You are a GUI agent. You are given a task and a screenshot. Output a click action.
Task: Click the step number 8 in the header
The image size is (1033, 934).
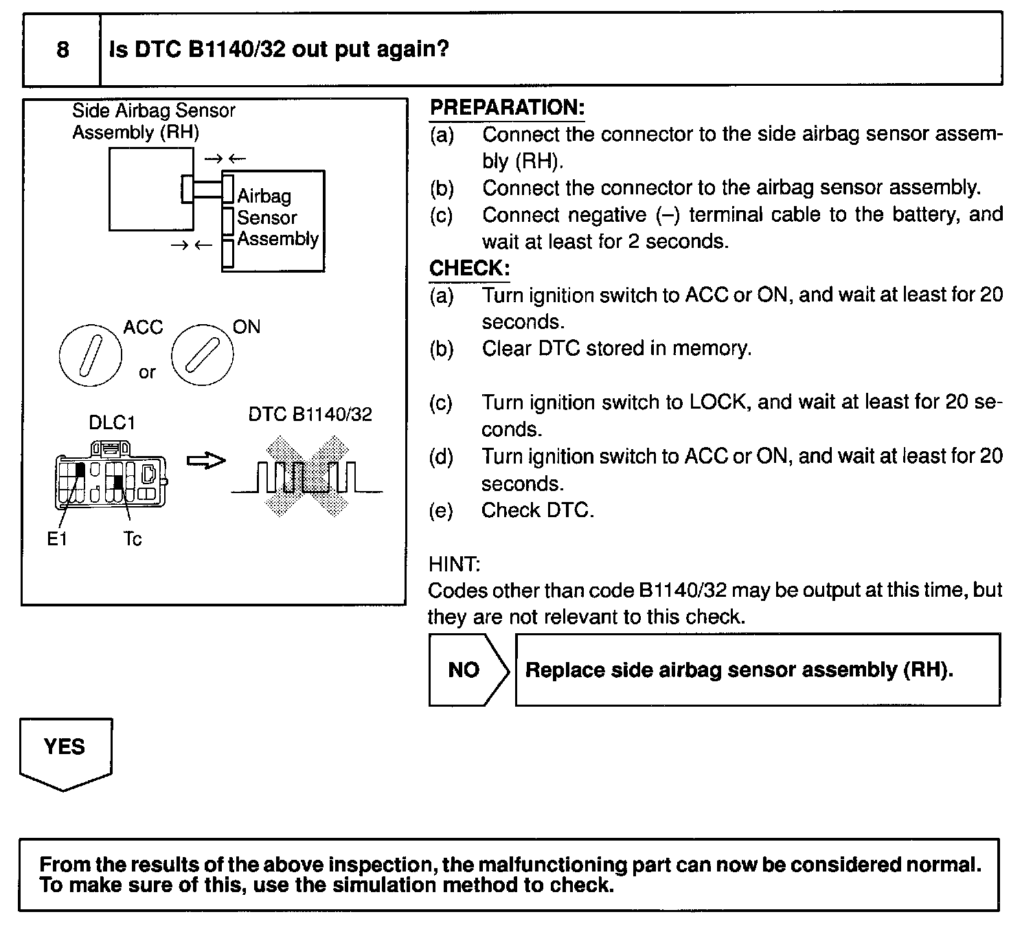click(x=63, y=49)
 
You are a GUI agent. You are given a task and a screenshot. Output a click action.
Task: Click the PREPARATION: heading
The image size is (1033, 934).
click(x=507, y=107)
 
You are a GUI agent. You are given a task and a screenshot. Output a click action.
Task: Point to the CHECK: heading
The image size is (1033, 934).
click(x=469, y=268)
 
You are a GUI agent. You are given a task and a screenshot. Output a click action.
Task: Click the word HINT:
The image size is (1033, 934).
click(x=454, y=565)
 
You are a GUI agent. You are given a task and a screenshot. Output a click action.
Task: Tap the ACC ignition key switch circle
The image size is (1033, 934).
click(x=90, y=356)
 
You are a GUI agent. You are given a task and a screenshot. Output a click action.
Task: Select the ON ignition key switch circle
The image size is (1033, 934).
click(x=201, y=356)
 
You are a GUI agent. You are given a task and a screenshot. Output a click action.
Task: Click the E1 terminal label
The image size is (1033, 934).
click(x=57, y=540)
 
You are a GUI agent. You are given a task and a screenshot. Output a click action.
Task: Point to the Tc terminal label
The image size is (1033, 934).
click(x=133, y=540)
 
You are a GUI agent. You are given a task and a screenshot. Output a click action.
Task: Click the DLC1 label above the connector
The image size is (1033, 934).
click(x=112, y=422)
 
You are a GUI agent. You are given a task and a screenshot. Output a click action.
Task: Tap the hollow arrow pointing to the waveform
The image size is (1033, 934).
click(x=206, y=461)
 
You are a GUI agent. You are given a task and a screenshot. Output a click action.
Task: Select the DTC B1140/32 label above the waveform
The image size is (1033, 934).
click(x=310, y=414)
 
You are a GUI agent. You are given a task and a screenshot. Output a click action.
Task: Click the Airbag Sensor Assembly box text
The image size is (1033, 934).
click(x=277, y=218)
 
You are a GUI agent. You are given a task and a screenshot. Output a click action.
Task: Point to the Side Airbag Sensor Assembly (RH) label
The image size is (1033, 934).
click(x=153, y=121)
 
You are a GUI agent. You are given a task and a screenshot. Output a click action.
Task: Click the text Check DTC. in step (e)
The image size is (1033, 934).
click(x=537, y=510)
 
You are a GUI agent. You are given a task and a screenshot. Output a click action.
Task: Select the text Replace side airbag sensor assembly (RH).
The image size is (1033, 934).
click(x=739, y=670)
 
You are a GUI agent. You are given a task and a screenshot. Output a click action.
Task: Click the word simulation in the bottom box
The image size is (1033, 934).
click(x=385, y=885)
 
